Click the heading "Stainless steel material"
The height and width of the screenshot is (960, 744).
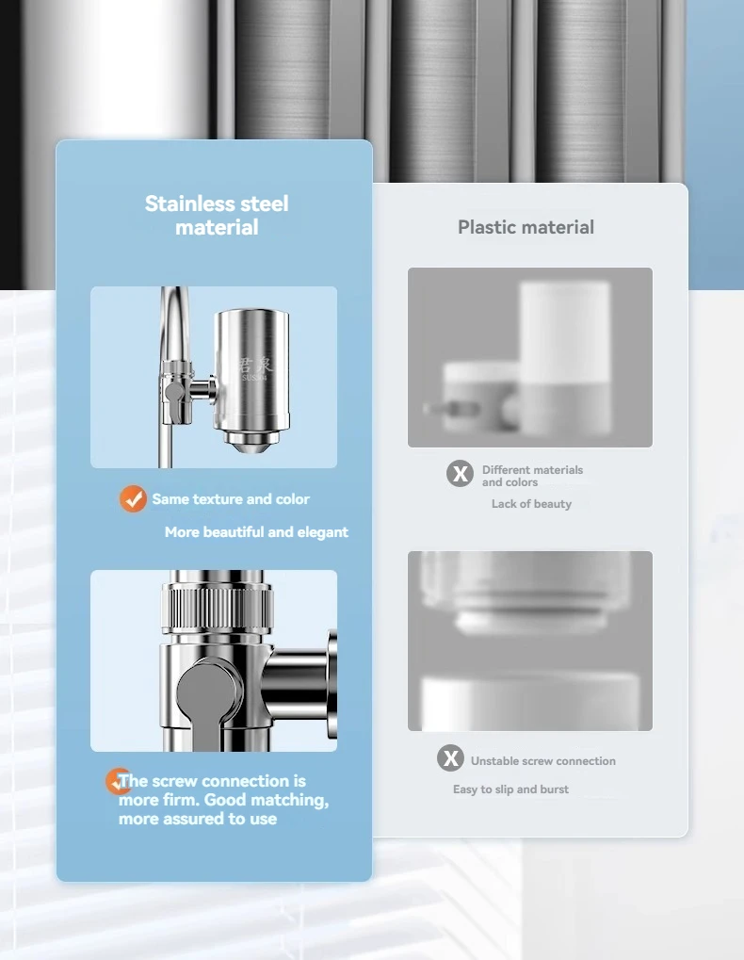pos(217,215)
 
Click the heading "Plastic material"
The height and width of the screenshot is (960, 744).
pos(526,227)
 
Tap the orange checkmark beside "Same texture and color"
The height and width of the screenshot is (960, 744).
pos(133,499)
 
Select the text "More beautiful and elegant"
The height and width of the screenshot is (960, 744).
pos(256,532)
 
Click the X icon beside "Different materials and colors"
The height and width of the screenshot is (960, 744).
pos(460,473)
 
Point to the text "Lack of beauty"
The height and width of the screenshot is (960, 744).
pos(531,504)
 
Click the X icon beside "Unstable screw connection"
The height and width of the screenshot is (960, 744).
pos(451,758)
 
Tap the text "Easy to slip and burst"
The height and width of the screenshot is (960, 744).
pos(510,789)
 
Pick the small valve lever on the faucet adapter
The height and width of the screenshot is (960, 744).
pos(173,390)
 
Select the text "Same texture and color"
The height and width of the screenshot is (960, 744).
pos(231,499)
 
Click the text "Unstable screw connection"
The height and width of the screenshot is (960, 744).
pos(543,761)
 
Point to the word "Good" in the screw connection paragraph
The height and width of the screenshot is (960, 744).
pos(224,800)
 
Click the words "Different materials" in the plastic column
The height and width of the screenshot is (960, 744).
pos(532,470)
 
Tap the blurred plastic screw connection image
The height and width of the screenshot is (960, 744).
pos(529,641)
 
